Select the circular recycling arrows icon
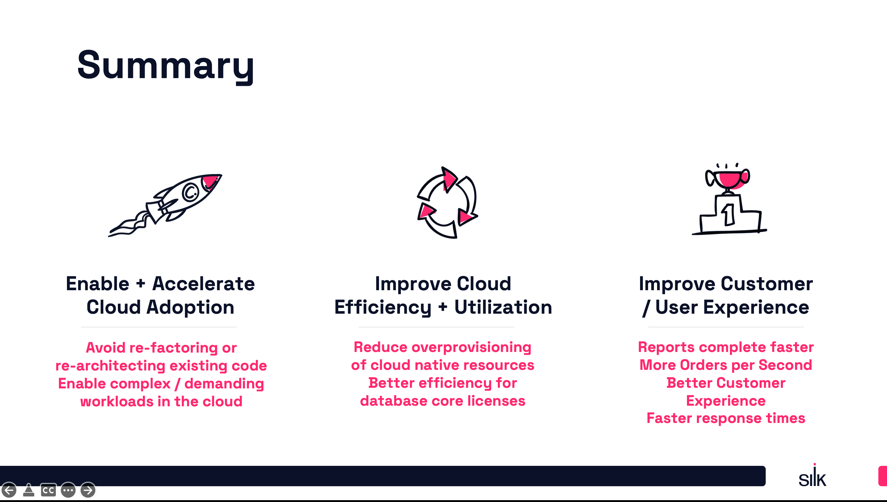(x=447, y=203)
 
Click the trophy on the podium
(x=727, y=178)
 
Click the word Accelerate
(x=204, y=284)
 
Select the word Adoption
(x=190, y=307)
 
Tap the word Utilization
(x=503, y=307)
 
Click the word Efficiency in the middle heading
(x=383, y=307)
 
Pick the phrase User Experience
(x=732, y=307)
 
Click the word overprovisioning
(x=471, y=347)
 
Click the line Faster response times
(x=726, y=418)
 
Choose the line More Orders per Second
(x=726, y=365)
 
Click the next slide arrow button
(x=88, y=490)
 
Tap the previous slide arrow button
(x=9, y=490)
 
